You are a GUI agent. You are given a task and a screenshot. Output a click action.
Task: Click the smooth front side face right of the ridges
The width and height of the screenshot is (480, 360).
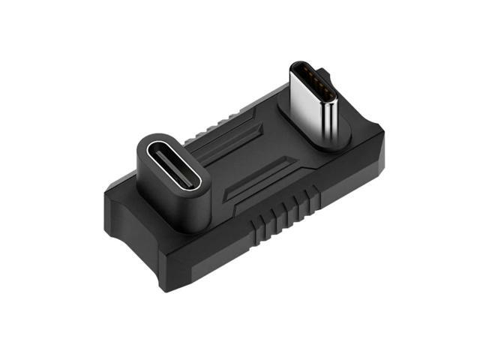(x=345, y=187)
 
